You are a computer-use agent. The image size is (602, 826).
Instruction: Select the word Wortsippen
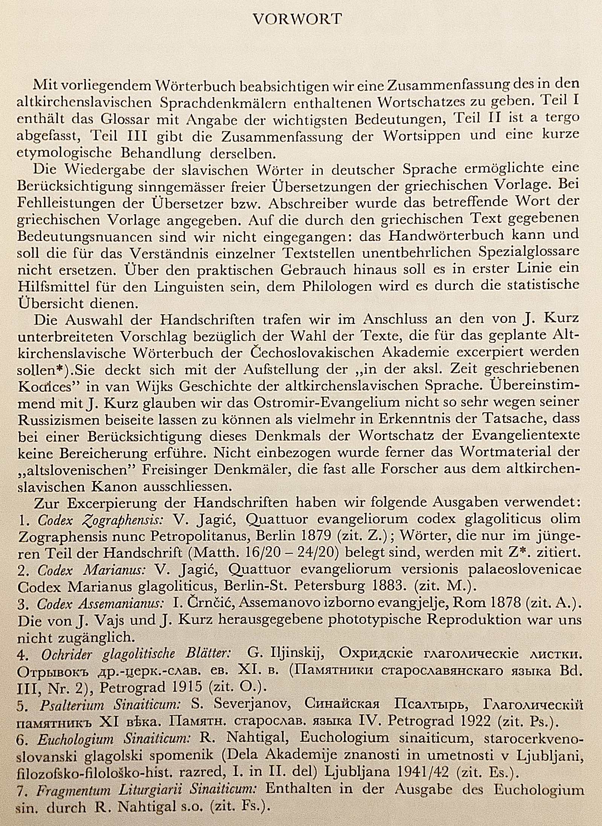click(x=421, y=136)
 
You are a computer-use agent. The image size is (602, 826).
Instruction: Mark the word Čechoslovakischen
click(x=312, y=353)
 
